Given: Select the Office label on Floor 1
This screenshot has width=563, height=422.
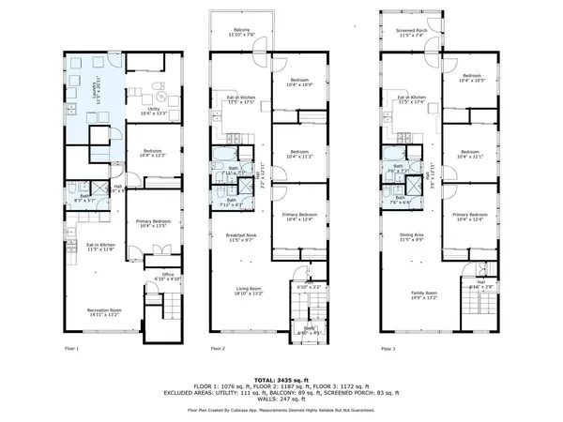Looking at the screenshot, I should pos(155,277).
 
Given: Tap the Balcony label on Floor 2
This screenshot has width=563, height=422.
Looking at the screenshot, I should pos(242,33).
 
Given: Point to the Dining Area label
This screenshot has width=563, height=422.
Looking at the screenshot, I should pos(412,239).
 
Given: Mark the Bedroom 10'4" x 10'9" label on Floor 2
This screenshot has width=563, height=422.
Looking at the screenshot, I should pos(300,83).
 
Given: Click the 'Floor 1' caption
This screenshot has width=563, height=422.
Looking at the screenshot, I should pos(71,349).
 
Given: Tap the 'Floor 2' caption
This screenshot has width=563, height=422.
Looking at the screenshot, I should pos(218,349).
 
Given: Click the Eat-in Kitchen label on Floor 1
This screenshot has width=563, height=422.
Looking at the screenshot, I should pos(75,247).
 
